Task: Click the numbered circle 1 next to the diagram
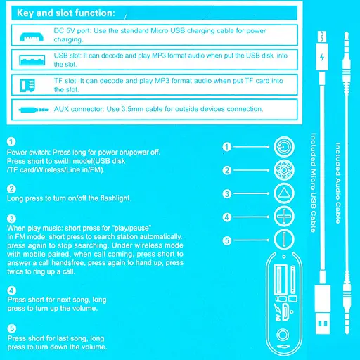tap(227, 147)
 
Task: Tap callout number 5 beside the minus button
tap(227, 240)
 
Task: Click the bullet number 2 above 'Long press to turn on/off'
tap(11, 189)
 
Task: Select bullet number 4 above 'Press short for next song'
tap(11, 290)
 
